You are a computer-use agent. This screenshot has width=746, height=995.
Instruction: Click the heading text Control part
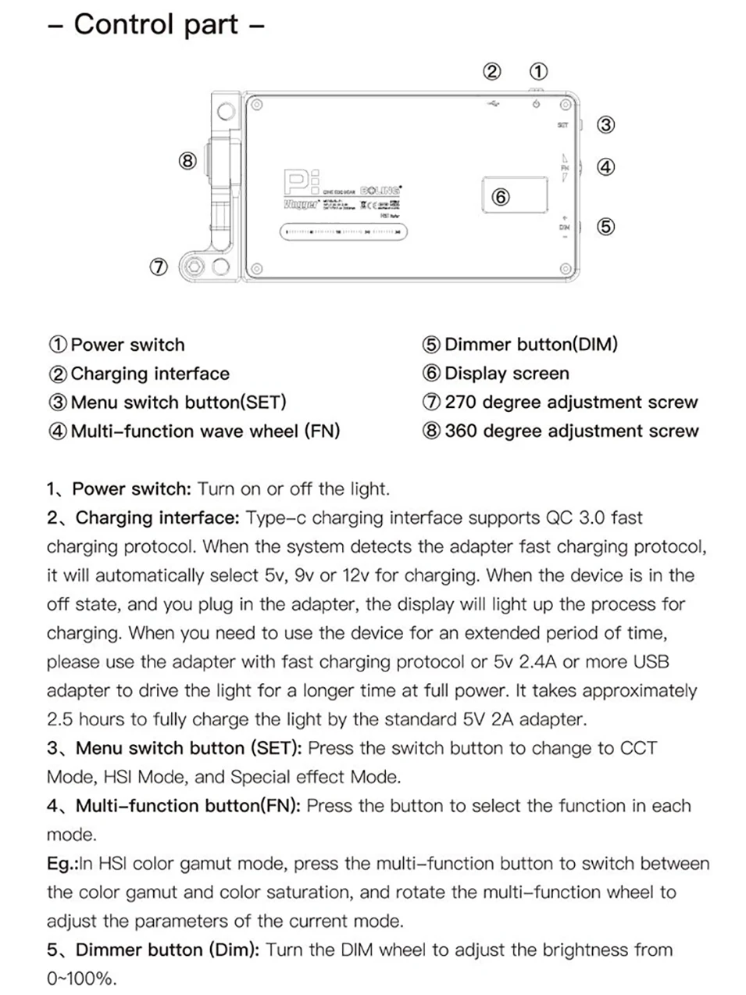tap(155, 24)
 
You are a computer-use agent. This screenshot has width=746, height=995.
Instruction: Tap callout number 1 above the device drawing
tap(538, 72)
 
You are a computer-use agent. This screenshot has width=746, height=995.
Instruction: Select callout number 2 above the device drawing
tap(492, 72)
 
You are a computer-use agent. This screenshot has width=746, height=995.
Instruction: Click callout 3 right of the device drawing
tap(605, 125)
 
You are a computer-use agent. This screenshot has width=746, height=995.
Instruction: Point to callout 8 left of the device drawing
tap(187, 162)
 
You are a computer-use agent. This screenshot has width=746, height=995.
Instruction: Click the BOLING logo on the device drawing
tap(381, 190)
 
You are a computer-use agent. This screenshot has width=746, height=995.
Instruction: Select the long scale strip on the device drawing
tap(343, 232)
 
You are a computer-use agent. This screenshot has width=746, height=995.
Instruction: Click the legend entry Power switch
tap(127, 345)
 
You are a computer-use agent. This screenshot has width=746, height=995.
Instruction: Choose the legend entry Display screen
tap(506, 374)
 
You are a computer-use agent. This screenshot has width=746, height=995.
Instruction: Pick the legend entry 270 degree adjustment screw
tap(570, 403)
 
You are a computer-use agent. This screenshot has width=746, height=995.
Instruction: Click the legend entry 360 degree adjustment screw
tap(571, 431)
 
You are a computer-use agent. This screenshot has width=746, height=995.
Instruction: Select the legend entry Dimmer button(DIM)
tap(530, 345)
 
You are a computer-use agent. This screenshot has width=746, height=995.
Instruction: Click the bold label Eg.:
tap(62, 864)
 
